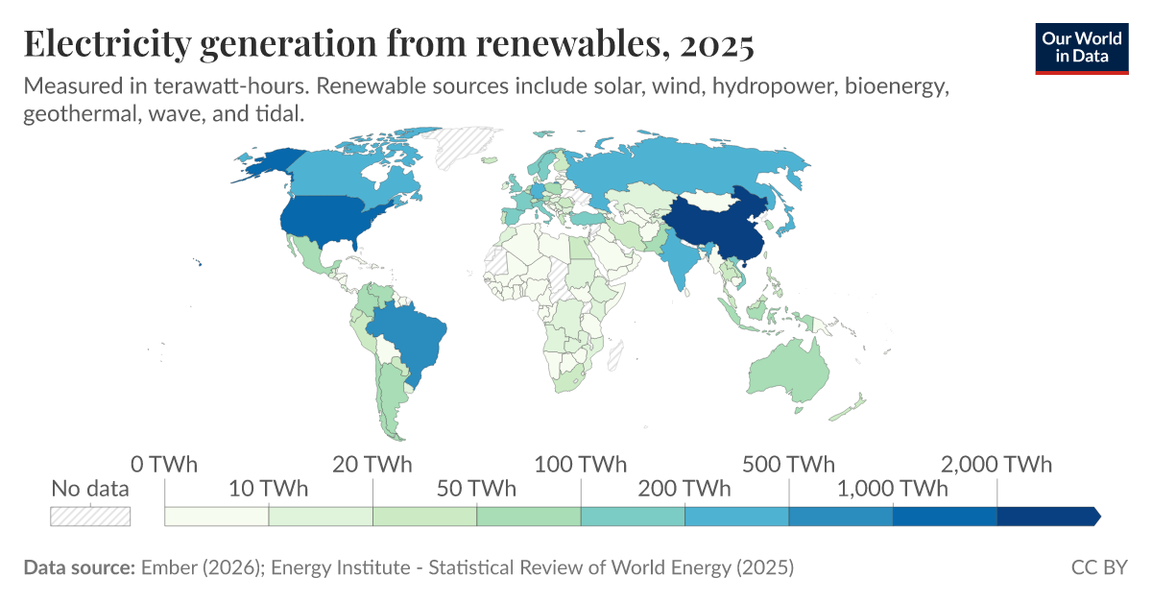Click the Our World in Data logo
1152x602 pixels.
click(1081, 47)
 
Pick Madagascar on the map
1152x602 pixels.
click(618, 357)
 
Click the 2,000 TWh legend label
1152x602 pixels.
click(996, 465)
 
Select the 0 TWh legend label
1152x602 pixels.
click(164, 465)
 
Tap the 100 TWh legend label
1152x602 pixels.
click(580, 465)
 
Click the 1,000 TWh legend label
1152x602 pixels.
click(893, 489)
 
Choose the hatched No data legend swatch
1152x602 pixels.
click(90, 516)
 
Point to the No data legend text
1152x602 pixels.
click(90, 489)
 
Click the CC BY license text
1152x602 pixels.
click(1099, 567)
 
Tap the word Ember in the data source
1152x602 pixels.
click(168, 567)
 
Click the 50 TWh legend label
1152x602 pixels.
click(476, 489)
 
